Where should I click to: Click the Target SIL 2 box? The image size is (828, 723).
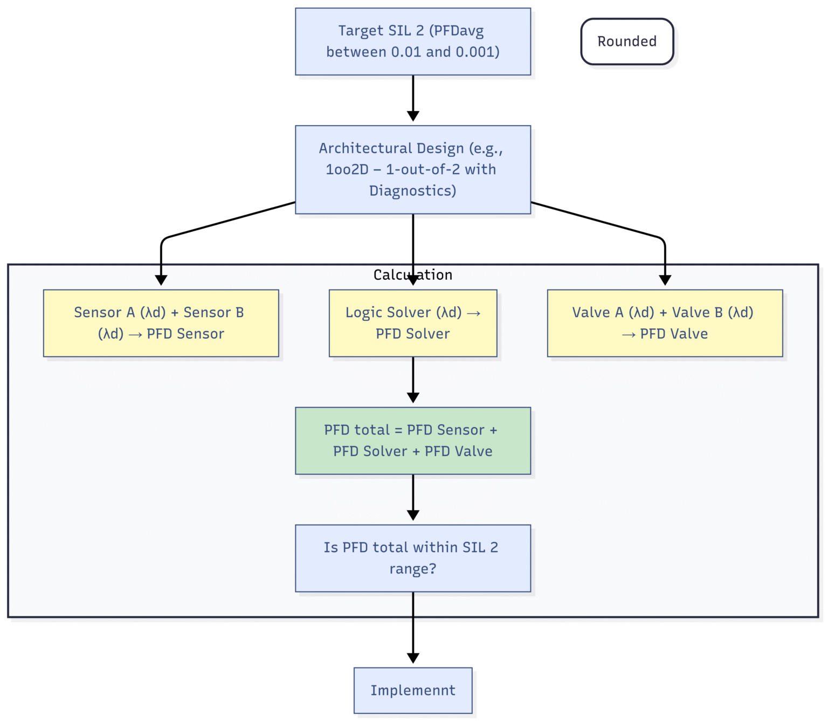point(412,42)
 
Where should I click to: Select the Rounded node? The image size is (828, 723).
point(627,42)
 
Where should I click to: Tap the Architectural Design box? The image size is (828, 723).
point(412,169)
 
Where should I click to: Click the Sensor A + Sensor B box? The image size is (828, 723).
point(161,323)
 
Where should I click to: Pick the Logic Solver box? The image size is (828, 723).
point(412,323)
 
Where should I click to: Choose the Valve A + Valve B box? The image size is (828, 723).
point(665,323)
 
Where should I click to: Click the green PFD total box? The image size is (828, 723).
point(412,440)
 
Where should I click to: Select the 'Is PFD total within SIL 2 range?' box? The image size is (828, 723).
point(412,558)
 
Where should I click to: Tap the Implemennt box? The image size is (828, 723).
point(412,690)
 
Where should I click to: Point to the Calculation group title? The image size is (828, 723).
point(412,275)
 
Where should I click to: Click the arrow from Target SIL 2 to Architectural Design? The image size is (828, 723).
point(413,97)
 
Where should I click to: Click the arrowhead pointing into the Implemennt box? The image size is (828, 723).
point(413,658)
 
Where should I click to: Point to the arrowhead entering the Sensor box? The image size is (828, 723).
point(161,280)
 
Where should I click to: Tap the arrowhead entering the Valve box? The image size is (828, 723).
point(665,280)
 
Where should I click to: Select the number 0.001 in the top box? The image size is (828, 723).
point(478,52)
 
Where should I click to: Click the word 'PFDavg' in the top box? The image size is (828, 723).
point(458,31)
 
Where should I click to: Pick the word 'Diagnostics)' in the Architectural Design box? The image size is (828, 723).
point(412,191)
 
